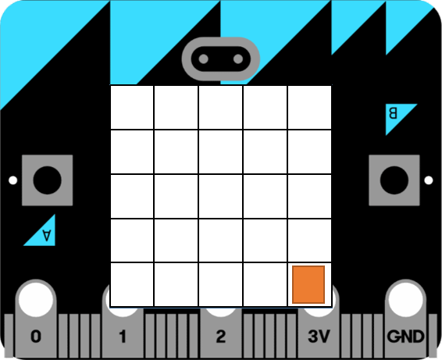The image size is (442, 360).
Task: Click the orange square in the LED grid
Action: coord(308,284)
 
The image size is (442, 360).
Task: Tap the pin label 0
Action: coord(36,337)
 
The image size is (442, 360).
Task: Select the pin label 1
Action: coord(123,337)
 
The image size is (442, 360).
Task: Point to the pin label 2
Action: coord(221,337)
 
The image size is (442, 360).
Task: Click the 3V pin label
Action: coord(319,337)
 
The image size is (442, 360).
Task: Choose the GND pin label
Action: coord(405,337)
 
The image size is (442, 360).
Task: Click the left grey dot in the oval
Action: coord(204,59)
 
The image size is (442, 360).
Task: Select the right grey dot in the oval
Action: coord(238,59)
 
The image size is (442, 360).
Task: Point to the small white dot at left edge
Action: coord(13,180)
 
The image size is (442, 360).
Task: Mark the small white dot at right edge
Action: coord(429,180)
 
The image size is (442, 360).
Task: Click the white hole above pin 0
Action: coord(36,299)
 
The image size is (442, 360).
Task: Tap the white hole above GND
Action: coord(405,299)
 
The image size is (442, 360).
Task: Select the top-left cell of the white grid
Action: coord(132,108)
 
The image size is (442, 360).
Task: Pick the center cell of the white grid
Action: coord(221,196)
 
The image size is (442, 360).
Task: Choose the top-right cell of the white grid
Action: coord(309,108)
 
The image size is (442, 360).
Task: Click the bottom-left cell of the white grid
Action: coord(132,284)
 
